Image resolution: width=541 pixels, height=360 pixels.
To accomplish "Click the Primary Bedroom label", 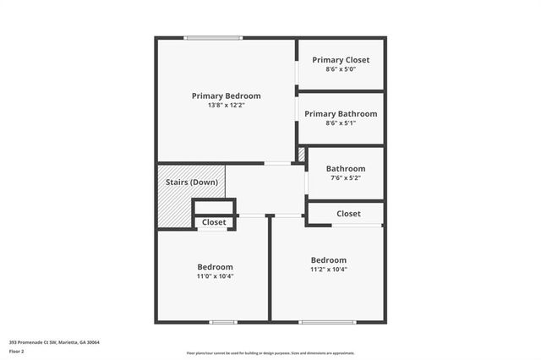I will pyautogui.click(x=226, y=96).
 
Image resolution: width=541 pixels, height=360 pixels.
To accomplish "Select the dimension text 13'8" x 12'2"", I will pyautogui.click(x=226, y=107).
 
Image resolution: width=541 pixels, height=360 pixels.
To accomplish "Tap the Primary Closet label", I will pyautogui.click(x=341, y=60).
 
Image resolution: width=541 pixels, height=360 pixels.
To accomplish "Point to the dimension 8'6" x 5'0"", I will pyautogui.click(x=341, y=69).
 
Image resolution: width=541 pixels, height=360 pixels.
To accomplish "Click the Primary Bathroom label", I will pyautogui.click(x=341, y=113).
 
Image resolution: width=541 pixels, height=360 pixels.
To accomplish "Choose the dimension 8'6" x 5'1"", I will pyautogui.click(x=341, y=123).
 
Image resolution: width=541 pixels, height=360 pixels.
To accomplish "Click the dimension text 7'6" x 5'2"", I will pyautogui.click(x=346, y=178).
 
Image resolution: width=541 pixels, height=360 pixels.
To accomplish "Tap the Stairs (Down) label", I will pyautogui.click(x=192, y=183).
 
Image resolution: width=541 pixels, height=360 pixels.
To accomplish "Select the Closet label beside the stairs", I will pyautogui.click(x=214, y=222).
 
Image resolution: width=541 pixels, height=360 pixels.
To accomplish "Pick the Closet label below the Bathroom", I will pyautogui.click(x=348, y=214).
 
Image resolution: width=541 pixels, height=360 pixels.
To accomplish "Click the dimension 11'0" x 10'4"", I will pyautogui.click(x=215, y=276).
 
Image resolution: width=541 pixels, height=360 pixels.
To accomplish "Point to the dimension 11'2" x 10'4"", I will pyautogui.click(x=328, y=270).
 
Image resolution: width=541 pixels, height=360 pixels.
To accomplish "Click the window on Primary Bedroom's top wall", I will pyautogui.click(x=214, y=37).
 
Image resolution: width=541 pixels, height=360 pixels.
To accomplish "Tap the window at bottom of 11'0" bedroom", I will pyautogui.click(x=222, y=322).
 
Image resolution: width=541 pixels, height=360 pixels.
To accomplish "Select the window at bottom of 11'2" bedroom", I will pyautogui.click(x=327, y=322).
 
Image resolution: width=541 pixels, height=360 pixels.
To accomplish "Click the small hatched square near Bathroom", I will pyautogui.click(x=300, y=155).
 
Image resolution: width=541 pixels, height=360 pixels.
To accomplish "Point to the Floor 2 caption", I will pyautogui.click(x=17, y=351).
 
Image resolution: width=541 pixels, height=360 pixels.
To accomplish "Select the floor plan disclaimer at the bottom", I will pyautogui.click(x=270, y=353).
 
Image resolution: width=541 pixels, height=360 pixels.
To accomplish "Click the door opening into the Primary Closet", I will pyautogui.click(x=297, y=74).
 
